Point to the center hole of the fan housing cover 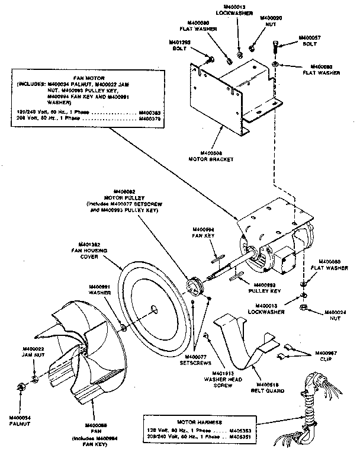click(153, 308)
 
